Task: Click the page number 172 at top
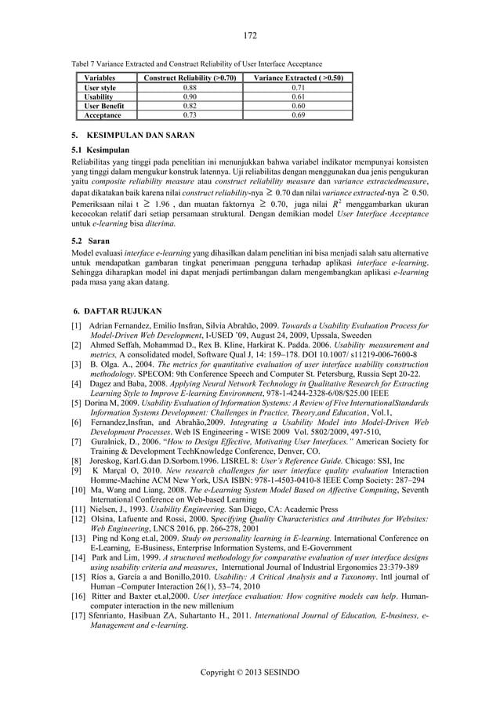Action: [x=250, y=35]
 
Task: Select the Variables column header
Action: [x=100, y=78]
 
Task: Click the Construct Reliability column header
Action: [x=185, y=78]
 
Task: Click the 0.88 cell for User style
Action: [x=185, y=88]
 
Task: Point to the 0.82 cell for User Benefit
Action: [x=185, y=105]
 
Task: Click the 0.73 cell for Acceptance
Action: [x=185, y=114]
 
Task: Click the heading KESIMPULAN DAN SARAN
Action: [x=136, y=135]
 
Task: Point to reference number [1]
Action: [x=76, y=325]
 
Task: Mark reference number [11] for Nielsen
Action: [x=78, y=508]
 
